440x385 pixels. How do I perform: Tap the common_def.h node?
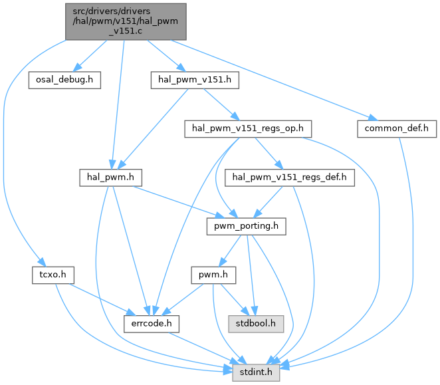point(396,128)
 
